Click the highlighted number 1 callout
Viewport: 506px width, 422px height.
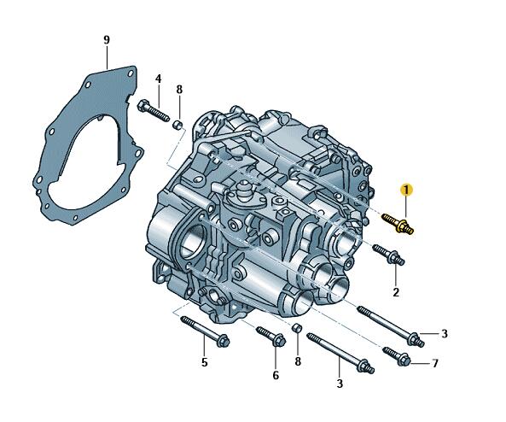407,190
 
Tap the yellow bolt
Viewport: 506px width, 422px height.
398,223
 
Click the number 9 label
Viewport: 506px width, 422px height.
107,40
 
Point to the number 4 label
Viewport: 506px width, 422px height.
158,79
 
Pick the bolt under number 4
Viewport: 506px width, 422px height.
154,111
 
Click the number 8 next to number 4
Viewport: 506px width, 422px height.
179,90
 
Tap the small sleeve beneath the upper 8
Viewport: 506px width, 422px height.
177,125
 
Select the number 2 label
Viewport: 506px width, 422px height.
396,292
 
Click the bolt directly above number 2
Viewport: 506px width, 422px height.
388,255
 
